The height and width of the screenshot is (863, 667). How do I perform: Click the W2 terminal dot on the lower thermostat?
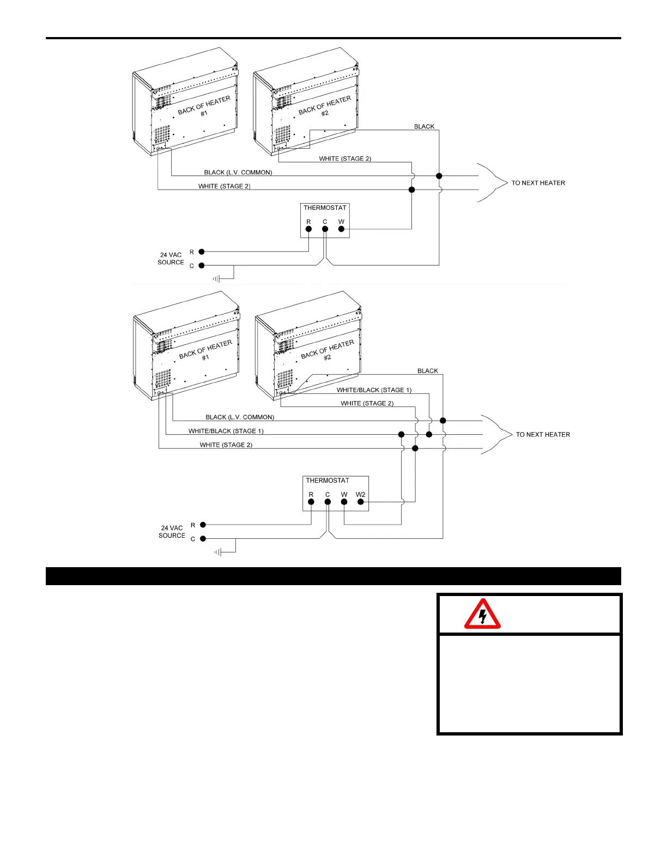[361, 502]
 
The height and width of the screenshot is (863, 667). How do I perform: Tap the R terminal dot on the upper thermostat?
[308, 229]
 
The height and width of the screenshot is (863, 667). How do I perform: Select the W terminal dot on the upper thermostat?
[342, 229]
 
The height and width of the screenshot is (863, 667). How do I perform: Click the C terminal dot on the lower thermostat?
[328, 502]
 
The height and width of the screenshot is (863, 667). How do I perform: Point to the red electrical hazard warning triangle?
[482, 614]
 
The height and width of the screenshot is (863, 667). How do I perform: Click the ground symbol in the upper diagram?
[216, 279]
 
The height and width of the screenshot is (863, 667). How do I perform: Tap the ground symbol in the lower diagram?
[218, 552]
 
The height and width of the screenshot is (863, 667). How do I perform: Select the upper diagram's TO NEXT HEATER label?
[538, 183]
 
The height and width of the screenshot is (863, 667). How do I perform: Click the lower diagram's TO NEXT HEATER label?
[543, 435]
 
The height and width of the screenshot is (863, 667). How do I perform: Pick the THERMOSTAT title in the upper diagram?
[325, 208]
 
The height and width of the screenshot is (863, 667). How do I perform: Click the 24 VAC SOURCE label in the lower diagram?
[172, 532]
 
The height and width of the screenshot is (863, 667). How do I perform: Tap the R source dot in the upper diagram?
[202, 252]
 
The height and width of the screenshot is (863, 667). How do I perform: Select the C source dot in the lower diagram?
[203, 539]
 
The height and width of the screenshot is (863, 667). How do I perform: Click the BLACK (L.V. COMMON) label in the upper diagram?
[238, 173]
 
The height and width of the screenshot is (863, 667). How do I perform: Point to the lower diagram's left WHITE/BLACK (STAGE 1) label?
[226, 431]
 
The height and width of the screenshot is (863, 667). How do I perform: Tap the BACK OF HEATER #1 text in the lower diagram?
[205, 351]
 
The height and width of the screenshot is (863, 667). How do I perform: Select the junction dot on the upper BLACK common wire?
[439, 176]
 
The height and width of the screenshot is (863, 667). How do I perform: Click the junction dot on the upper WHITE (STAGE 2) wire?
[412, 190]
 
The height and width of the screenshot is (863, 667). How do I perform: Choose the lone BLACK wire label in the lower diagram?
[428, 371]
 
